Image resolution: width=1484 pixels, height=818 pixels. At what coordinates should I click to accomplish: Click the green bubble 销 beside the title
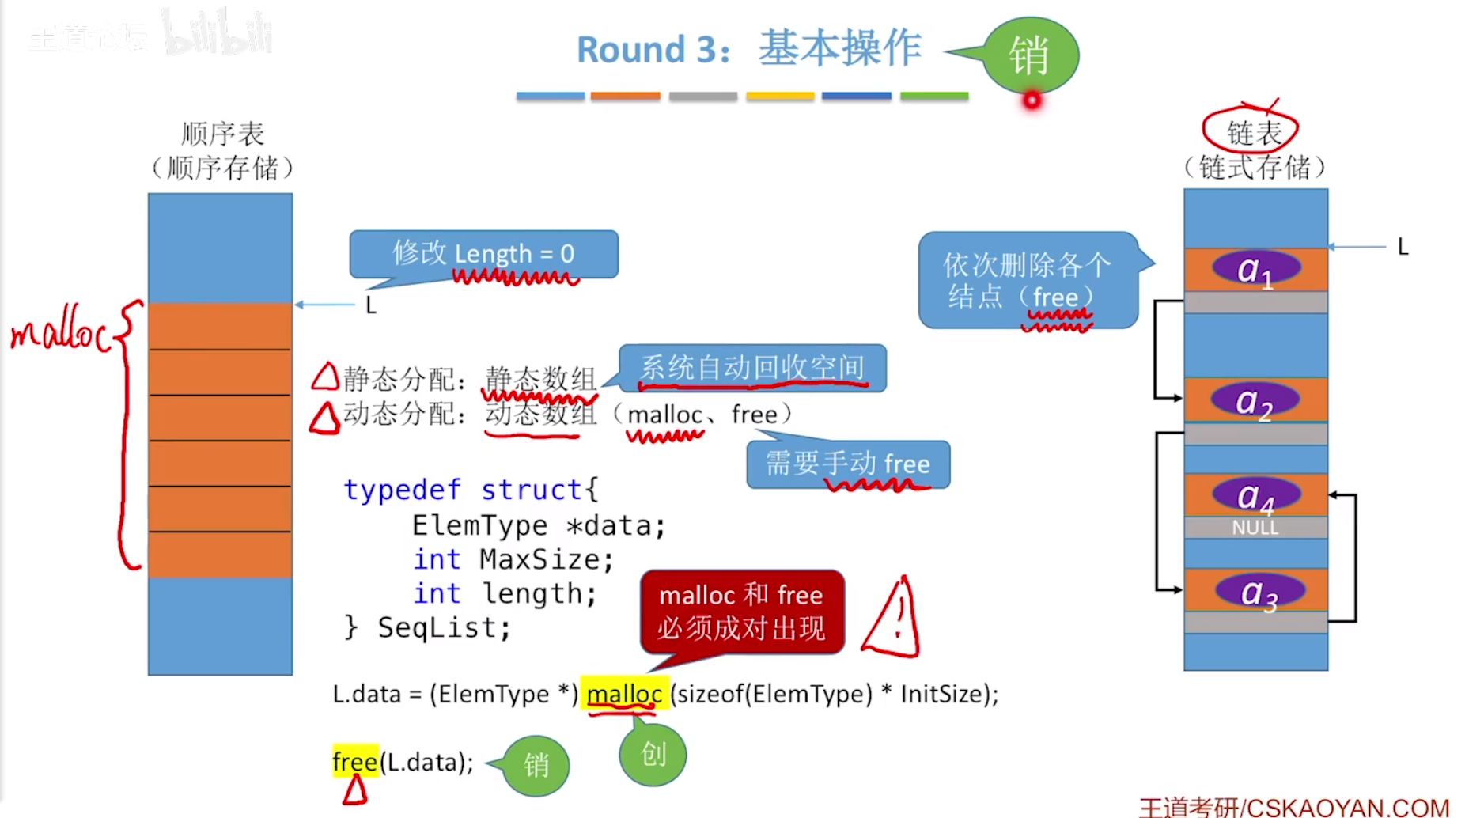[1030, 55]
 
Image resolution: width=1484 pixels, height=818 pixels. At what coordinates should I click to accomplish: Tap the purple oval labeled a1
[1255, 269]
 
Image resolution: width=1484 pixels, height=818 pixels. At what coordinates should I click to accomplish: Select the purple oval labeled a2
[1255, 400]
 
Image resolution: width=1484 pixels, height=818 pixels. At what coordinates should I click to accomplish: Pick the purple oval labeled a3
[1259, 592]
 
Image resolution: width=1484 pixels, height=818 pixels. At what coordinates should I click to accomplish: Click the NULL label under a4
[1255, 528]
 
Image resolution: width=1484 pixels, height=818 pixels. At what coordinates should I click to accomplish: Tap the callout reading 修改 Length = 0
[483, 254]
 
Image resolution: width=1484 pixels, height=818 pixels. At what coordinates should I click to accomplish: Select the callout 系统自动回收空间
[751, 368]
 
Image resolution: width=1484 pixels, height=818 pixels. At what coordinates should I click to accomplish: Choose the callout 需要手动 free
[848, 464]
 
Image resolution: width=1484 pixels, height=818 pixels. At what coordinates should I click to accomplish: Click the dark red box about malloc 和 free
[741, 612]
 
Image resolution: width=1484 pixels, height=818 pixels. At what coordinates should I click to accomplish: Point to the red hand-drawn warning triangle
[894, 621]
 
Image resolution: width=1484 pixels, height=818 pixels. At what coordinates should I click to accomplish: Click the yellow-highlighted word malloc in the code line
[624, 694]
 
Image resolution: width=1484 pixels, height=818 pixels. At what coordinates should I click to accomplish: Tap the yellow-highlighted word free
[354, 761]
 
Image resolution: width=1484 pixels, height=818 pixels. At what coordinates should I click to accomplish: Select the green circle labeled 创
[653, 754]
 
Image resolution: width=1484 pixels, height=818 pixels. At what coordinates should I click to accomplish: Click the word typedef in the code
[402, 490]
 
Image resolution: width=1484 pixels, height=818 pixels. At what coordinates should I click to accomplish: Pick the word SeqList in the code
[443, 627]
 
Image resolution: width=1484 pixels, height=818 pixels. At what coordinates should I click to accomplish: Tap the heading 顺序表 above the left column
[222, 134]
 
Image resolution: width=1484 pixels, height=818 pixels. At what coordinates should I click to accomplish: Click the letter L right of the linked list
[1403, 247]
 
